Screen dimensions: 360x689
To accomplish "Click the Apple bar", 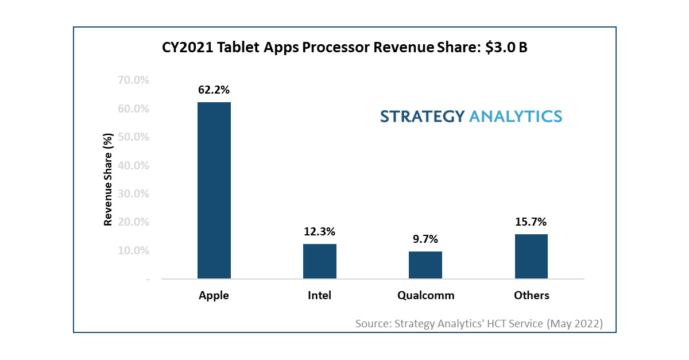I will (214, 191).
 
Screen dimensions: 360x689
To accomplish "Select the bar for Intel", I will (320, 261).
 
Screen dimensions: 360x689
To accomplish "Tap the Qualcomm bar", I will (425, 265).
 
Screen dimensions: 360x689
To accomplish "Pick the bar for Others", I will (531, 257).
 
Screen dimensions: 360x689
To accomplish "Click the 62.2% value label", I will (214, 90).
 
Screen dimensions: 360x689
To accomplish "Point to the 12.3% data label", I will (320, 231).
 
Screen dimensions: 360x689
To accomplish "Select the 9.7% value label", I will (425, 239).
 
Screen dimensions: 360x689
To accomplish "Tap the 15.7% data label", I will (531, 222).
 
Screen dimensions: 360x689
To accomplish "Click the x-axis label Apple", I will (214, 296).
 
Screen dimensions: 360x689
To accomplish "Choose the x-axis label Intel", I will (320, 296).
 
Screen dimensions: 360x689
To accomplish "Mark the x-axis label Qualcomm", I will (425, 296).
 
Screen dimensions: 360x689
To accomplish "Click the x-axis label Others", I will (531, 296).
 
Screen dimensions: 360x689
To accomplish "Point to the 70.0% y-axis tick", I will (133, 80).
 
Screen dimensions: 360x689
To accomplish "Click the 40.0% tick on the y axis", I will (133, 166).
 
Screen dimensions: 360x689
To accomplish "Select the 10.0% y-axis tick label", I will (133, 251).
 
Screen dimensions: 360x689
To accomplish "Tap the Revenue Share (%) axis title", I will (107, 179).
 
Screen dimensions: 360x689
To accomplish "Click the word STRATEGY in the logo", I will (422, 117).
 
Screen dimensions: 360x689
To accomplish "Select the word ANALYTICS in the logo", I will (516, 117).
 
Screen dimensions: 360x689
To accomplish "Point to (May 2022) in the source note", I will (574, 323).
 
